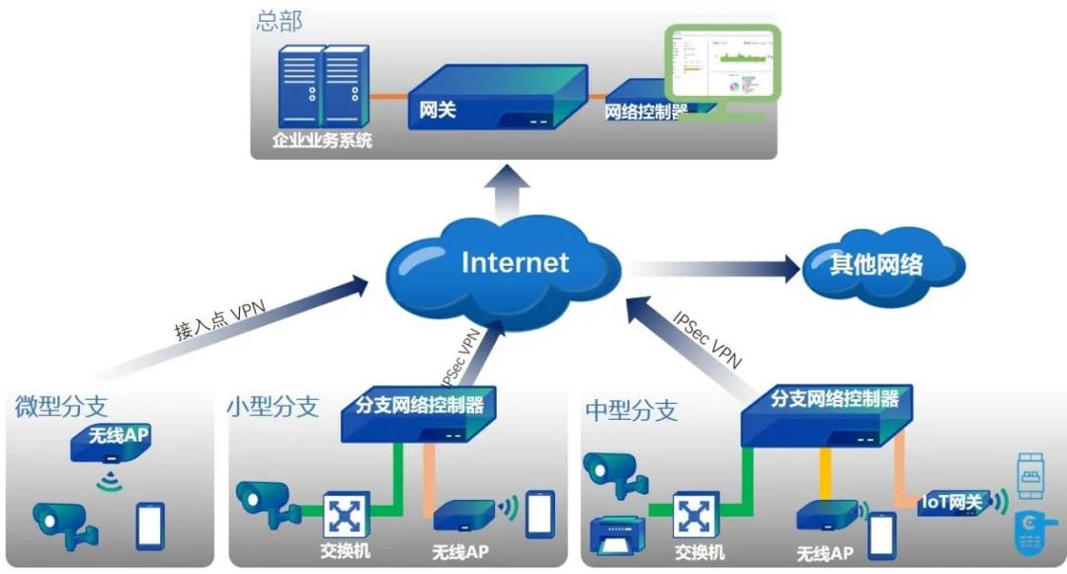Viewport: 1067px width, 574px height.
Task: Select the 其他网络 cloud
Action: tap(878, 264)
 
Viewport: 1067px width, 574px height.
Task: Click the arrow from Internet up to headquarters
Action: tap(512, 193)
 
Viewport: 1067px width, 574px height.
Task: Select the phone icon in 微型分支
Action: tap(150, 525)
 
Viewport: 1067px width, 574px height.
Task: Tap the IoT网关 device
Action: tap(952, 504)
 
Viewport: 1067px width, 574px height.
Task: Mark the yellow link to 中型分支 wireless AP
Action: tap(823, 474)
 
